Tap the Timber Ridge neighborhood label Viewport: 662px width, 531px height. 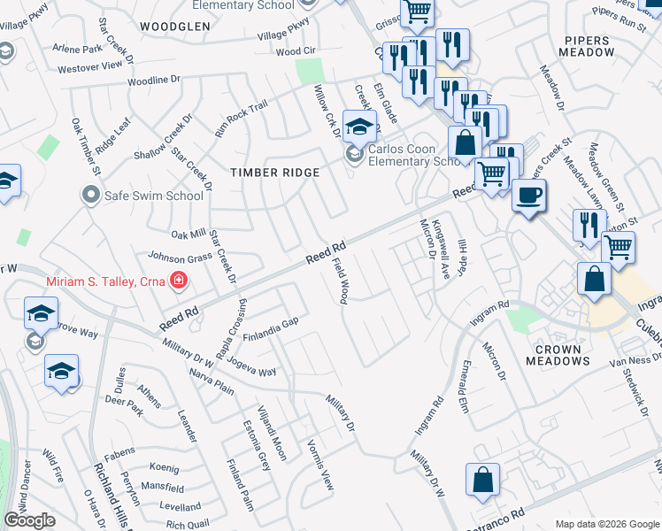point(274,173)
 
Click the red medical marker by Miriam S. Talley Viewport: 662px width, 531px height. point(179,281)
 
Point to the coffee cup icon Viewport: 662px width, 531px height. point(529,196)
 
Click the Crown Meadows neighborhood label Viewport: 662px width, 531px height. point(558,355)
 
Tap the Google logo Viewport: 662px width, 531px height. point(29,520)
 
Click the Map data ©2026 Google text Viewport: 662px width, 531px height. point(606,524)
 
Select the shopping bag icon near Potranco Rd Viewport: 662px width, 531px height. point(483,481)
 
